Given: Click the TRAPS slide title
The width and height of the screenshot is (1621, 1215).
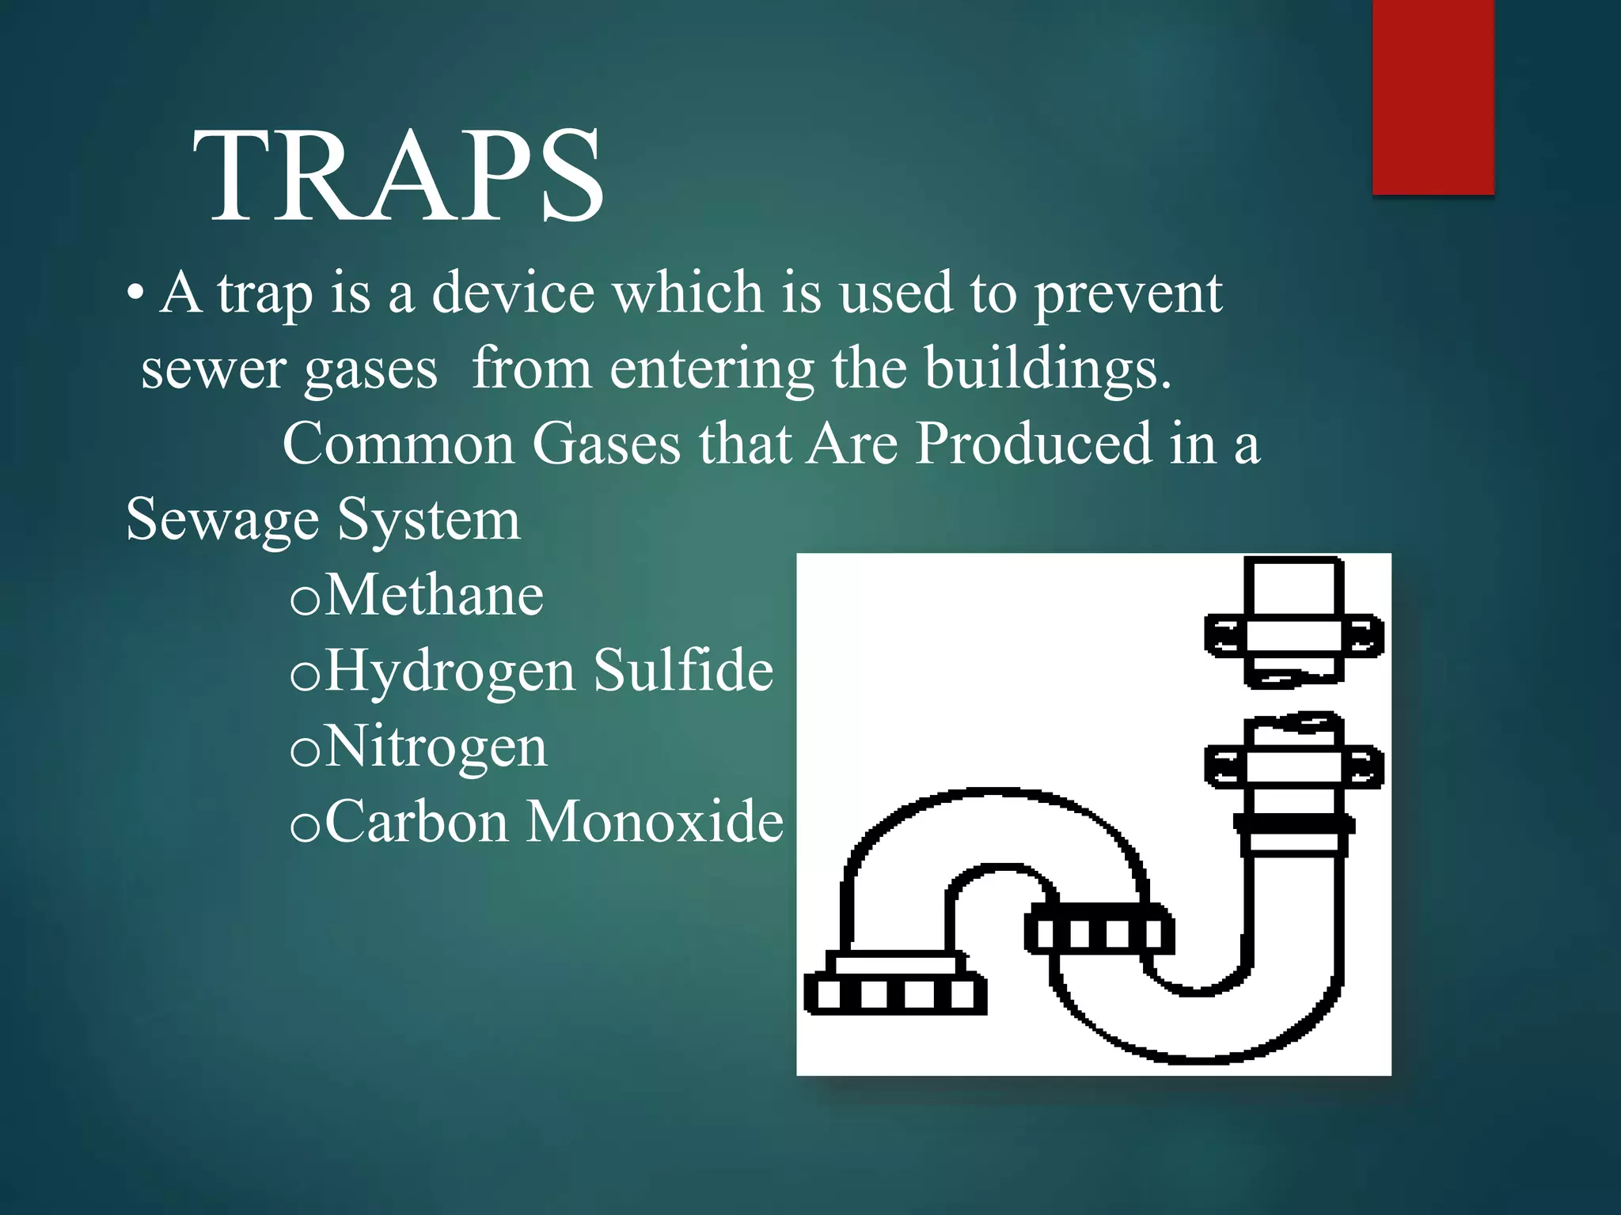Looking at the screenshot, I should tap(398, 176).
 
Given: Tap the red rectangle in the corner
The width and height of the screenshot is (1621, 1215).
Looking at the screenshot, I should tap(1433, 97).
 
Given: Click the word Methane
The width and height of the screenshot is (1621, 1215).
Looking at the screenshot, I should tap(434, 595).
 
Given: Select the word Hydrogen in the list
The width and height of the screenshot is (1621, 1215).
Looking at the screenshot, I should tap(450, 672).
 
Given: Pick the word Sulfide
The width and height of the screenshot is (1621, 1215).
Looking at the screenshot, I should tap(683, 670).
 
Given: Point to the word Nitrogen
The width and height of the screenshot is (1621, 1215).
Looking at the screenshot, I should tap(435, 747).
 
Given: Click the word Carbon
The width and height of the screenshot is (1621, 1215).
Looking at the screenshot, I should tap(416, 822).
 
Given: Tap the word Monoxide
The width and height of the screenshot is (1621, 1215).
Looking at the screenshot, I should tap(655, 822).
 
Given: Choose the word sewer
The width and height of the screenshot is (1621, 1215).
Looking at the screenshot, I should tap(213, 369).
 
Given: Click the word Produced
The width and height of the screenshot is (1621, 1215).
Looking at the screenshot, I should tap(1033, 443).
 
